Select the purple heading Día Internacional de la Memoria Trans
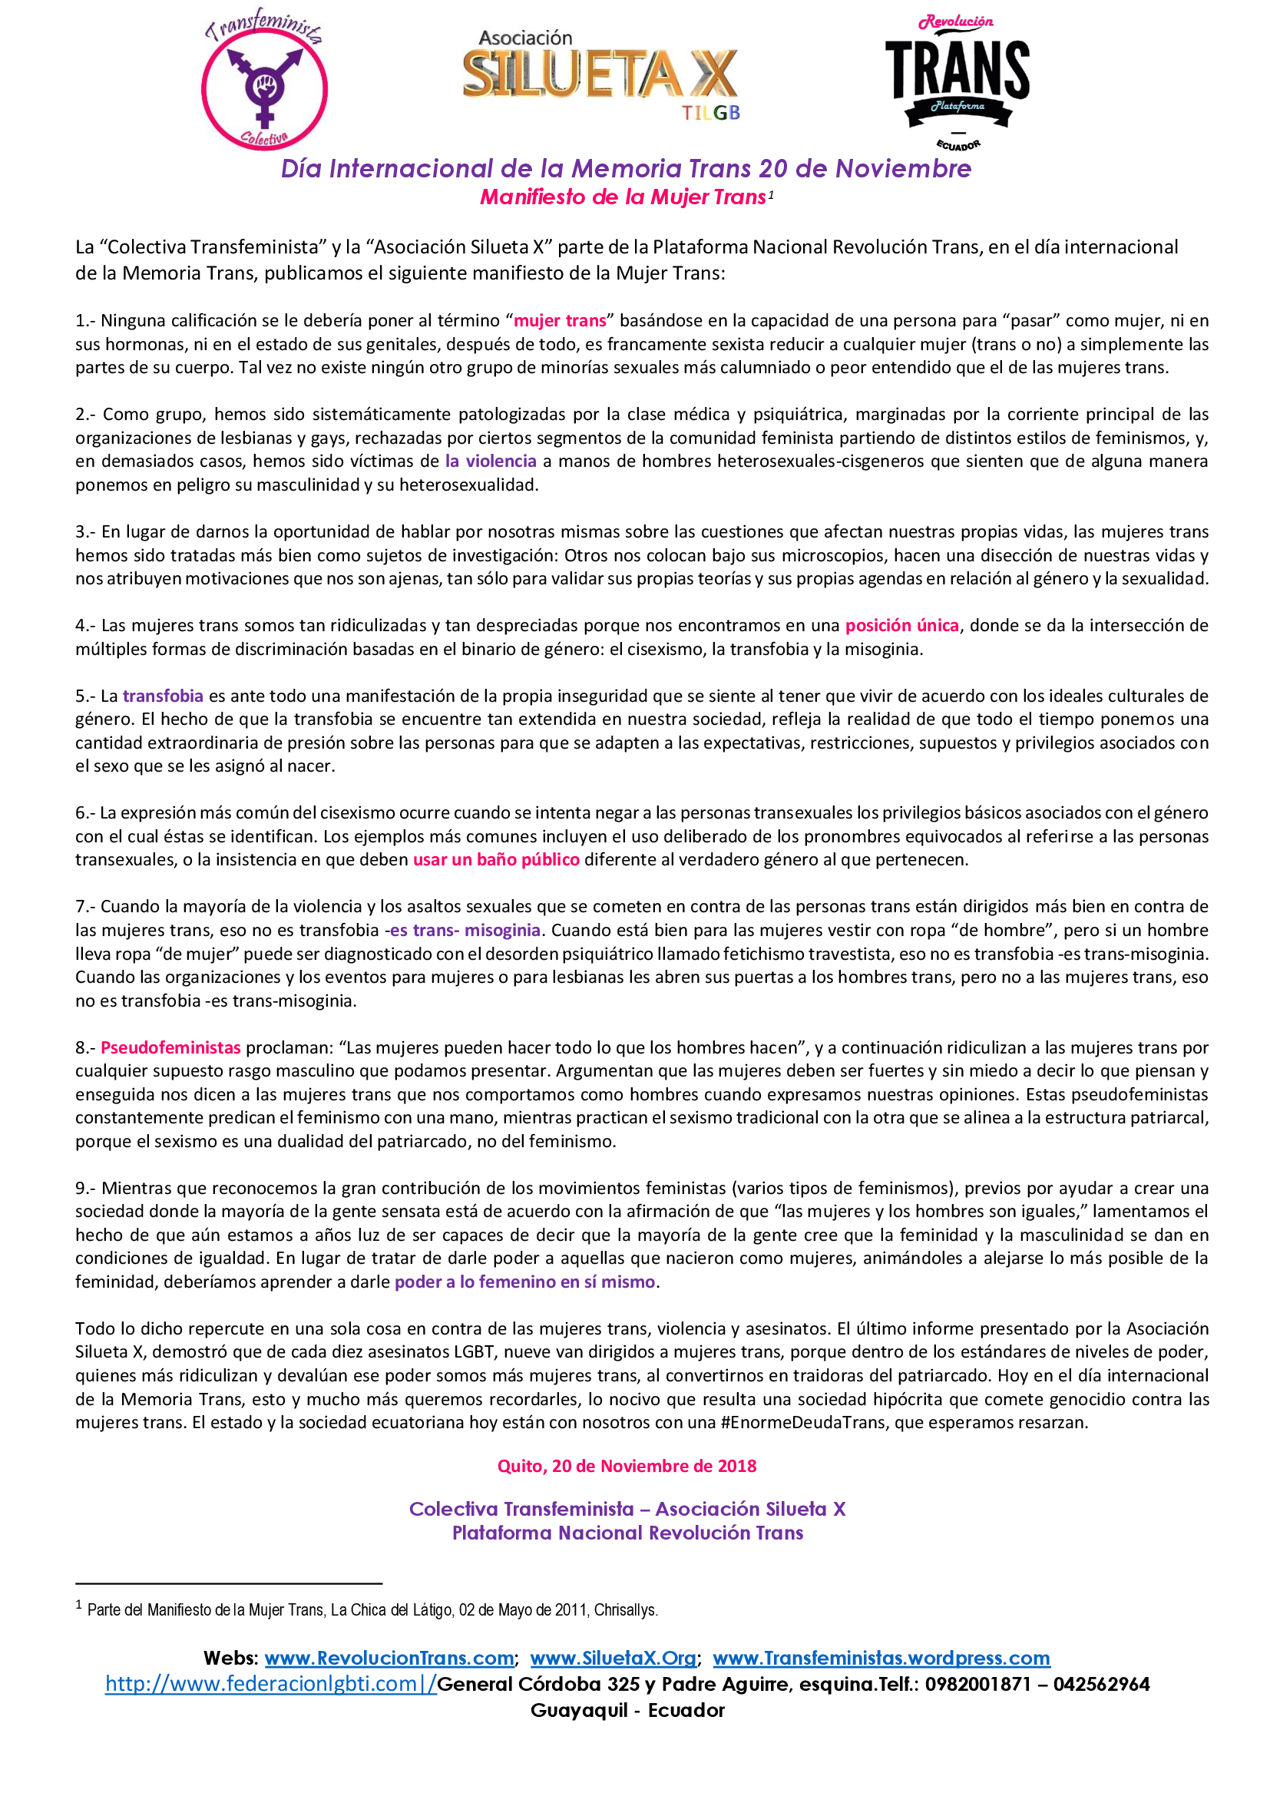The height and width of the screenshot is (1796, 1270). [626, 168]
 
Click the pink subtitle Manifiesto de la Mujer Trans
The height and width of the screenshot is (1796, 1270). [623, 197]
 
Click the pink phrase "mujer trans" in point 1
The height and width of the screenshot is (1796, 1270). [560, 321]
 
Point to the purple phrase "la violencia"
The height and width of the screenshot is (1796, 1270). [491, 461]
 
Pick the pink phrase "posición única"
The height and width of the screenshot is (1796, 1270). [901, 626]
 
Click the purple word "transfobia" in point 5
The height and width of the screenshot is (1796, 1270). [163, 696]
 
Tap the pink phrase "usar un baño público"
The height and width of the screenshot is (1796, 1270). [496, 860]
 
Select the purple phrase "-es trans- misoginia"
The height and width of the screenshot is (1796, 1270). [463, 930]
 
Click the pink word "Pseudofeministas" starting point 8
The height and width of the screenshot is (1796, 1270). [170, 1047]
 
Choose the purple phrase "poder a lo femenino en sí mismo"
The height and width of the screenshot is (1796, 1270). [524, 1282]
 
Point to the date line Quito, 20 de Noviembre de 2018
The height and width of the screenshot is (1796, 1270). [627, 1466]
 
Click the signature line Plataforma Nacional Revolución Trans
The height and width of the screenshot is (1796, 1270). [627, 1533]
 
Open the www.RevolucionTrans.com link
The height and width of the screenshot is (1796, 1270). [389, 1659]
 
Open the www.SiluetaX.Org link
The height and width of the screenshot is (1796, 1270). [613, 1659]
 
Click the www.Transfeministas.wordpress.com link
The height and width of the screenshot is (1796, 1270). [881, 1659]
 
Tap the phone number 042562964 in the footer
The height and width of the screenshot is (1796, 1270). [1101, 1684]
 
